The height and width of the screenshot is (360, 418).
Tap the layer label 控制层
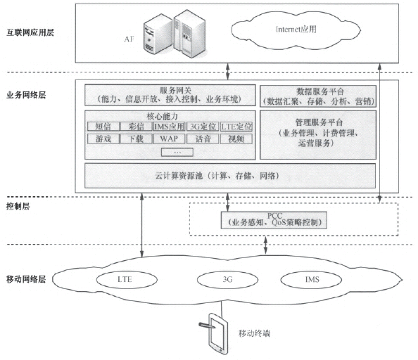[18, 207]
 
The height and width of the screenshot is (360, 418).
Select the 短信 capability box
[101, 127]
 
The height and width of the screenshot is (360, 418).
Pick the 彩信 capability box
[135, 127]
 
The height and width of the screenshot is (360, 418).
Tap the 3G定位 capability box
[203, 127]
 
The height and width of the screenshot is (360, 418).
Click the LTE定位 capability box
[236, 127]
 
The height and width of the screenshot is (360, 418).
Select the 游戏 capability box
[101, 139]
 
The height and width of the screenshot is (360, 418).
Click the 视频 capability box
[236, 139]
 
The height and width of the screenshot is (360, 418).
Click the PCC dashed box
[265, 219]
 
